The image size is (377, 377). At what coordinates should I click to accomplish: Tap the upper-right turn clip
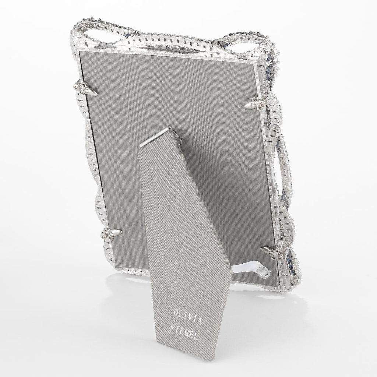tap(256, 103)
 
